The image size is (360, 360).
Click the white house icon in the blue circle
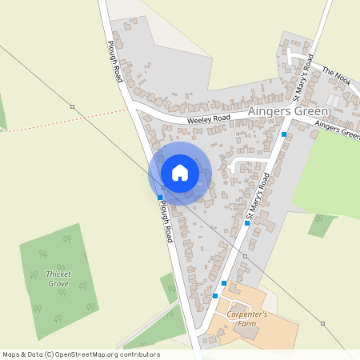coord(180,173)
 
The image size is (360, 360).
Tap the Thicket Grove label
coord(58,278)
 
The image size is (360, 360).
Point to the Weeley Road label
coord(209,118)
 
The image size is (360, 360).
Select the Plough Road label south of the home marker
coord(165,223)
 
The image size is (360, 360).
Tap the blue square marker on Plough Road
coord(160,197)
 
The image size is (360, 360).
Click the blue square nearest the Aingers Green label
coord(284,135)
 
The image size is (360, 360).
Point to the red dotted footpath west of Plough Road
coord(64,120)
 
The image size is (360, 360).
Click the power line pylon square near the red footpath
coord(72,106)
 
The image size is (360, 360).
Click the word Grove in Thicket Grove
coord(58,284)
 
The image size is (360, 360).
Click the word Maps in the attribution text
coord(12,354)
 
